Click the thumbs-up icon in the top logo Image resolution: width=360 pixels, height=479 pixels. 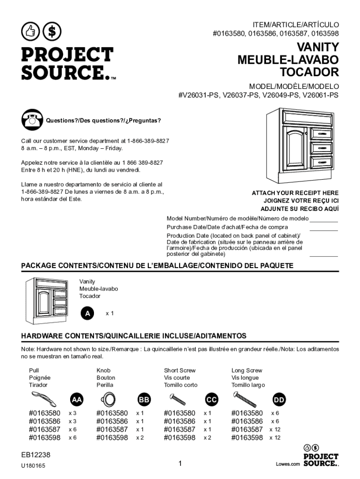30,31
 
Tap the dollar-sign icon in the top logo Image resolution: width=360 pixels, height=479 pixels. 52,31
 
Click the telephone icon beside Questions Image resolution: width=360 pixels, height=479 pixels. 32,120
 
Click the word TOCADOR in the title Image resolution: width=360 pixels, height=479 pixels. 309,73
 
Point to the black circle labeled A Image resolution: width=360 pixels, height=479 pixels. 86,313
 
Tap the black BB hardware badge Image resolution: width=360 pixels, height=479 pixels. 144,399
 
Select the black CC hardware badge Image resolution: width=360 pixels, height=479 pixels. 211,399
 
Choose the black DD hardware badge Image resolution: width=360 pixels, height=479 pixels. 279,399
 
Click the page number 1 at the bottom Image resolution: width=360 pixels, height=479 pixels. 180,464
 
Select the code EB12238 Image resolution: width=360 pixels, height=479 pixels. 36,455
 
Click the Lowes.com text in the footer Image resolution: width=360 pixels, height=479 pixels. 287,464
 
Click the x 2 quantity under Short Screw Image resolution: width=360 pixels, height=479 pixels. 207,438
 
